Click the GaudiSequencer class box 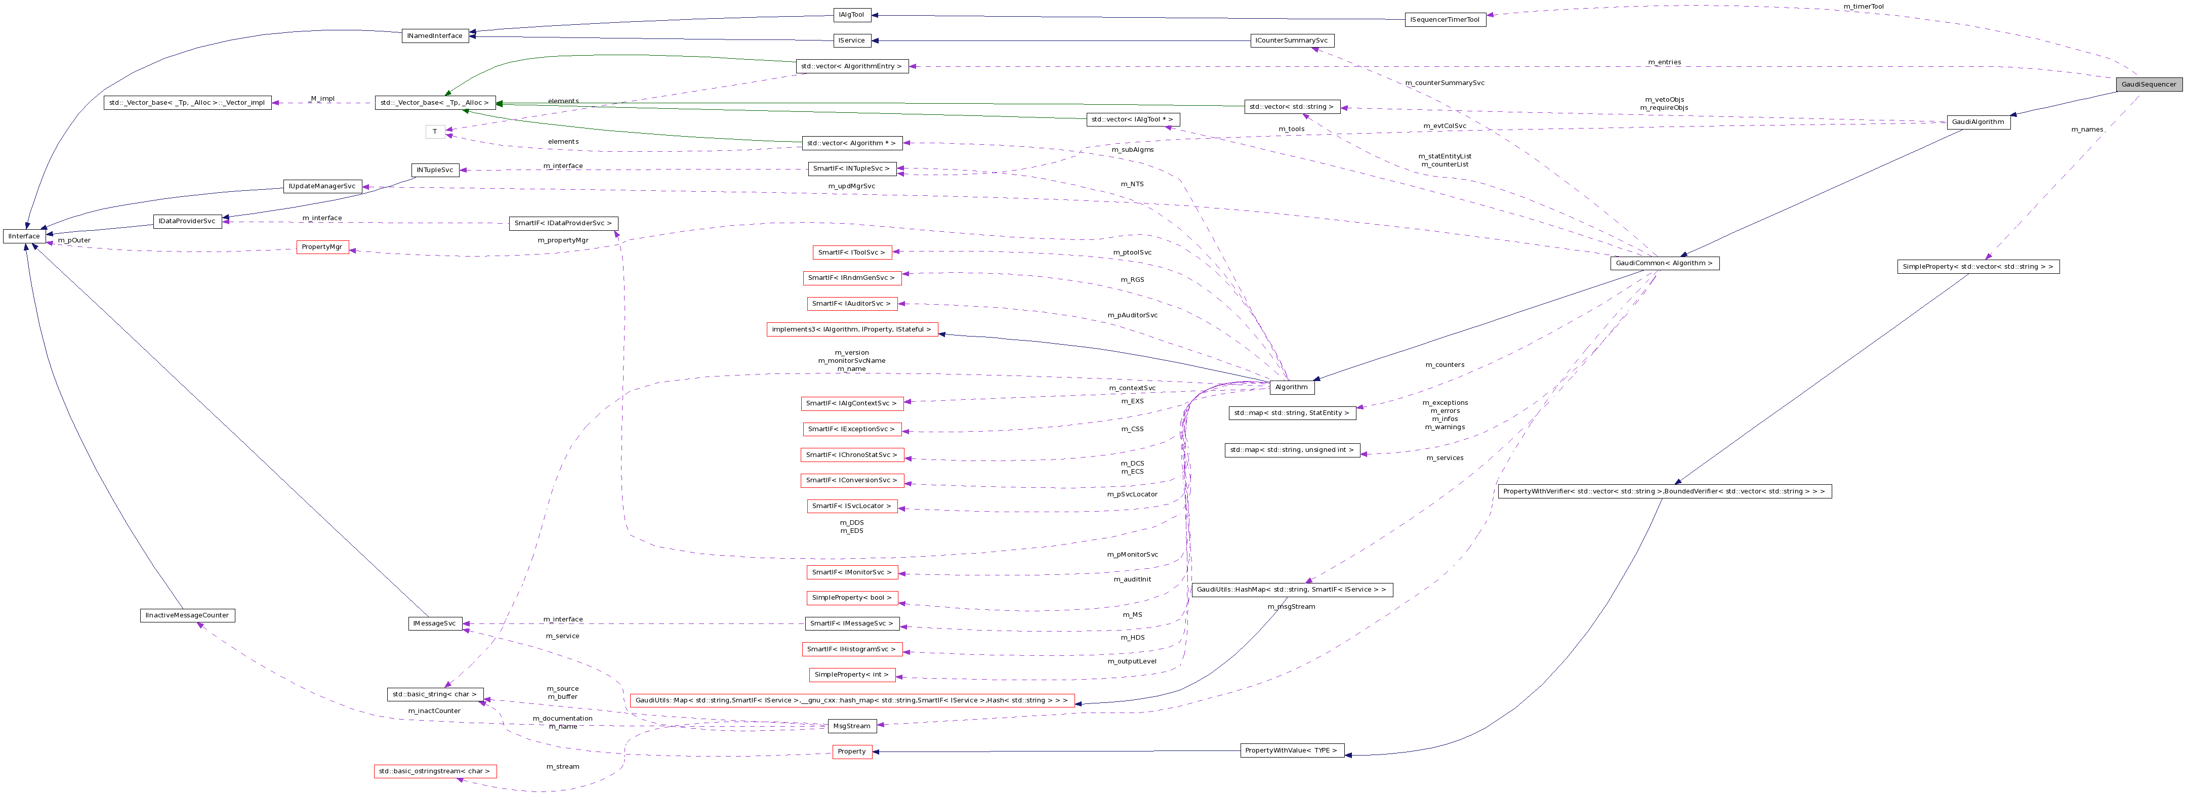pos(2149,84)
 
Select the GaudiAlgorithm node pos(1978,122)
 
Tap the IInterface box pos(24,236)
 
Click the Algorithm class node pos(1291,387)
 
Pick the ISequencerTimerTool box pos(1445,20)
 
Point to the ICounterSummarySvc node pos(1292,40)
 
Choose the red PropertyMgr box pos(322,247)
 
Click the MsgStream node pos(852,726)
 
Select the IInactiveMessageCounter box pos(187,615)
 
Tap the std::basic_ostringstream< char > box pos(434,771)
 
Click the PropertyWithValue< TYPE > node pos(1291,751)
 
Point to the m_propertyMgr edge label pos(562,240)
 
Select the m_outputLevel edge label pos(1132,661)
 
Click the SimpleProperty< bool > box pos(852,598)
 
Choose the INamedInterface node pos(434,35)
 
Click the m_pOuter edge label pos(74,240)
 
